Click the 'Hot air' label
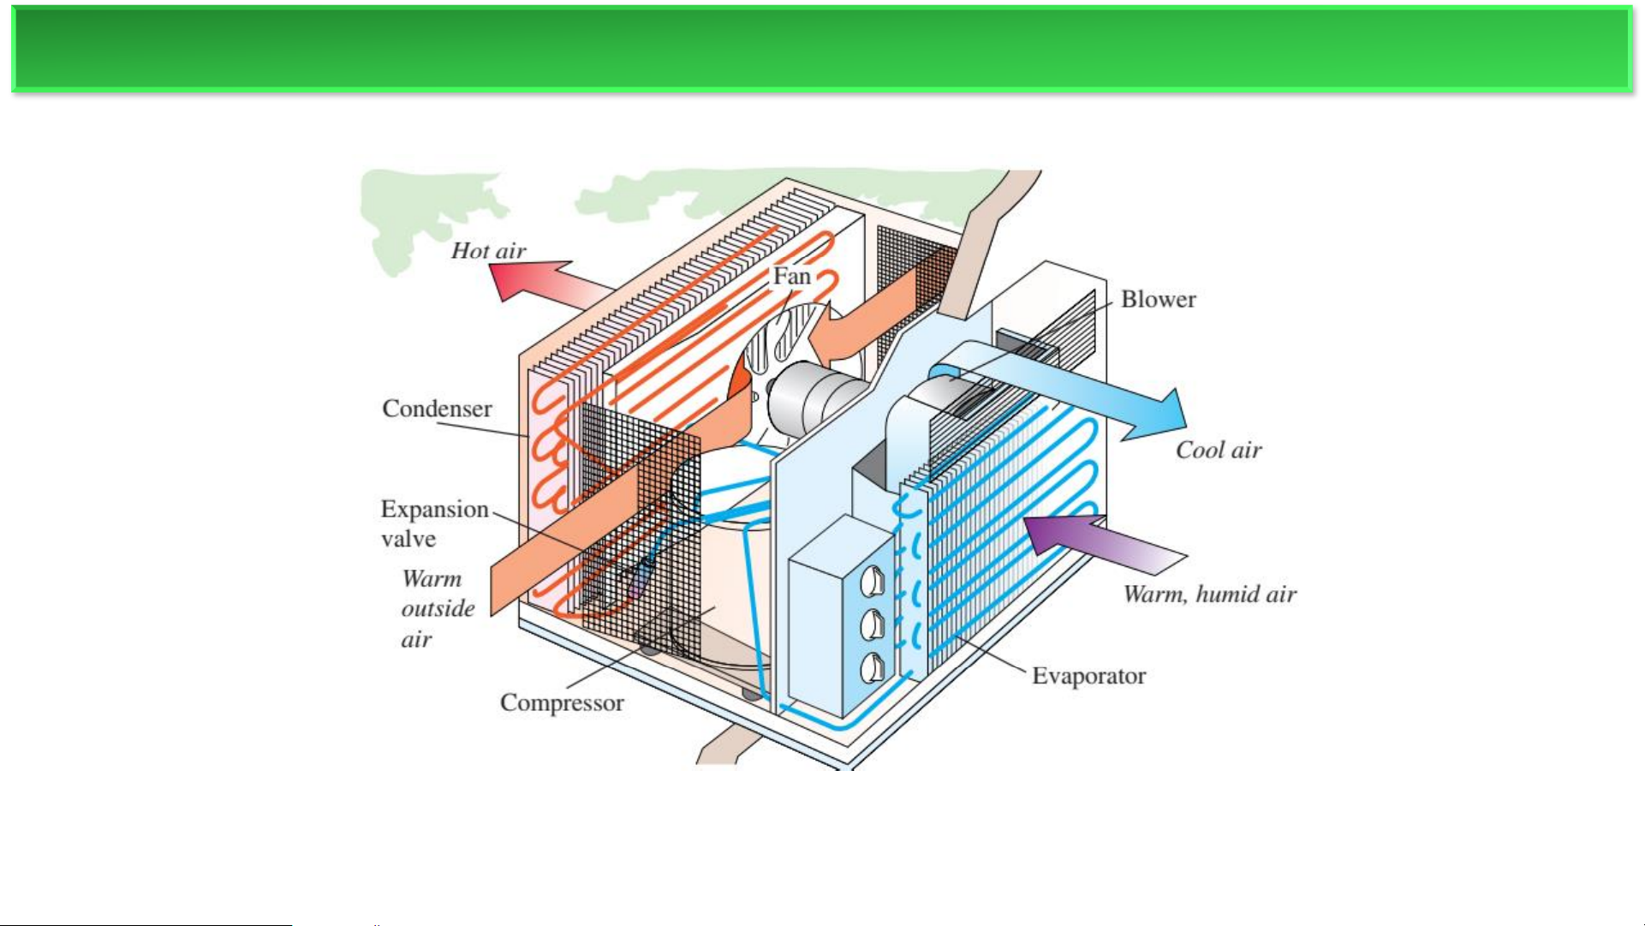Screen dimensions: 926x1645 [488, 251]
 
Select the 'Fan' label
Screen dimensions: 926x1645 [791, 276]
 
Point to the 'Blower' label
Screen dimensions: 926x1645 [1158, 299]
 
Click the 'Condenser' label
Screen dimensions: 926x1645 [437, 409]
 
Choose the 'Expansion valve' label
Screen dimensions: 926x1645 [433, 523]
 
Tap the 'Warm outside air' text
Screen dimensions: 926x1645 [437, 608]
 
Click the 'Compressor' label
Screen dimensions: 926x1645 [562, 702]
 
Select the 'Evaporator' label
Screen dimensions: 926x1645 [1088, 676]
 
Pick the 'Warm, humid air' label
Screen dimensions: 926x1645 [1209, 594]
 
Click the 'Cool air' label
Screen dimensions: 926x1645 [1218, 451]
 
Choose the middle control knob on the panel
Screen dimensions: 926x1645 [871, 624]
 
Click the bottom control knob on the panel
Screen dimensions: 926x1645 [871, 668]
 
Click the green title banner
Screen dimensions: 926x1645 [822, 49]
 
